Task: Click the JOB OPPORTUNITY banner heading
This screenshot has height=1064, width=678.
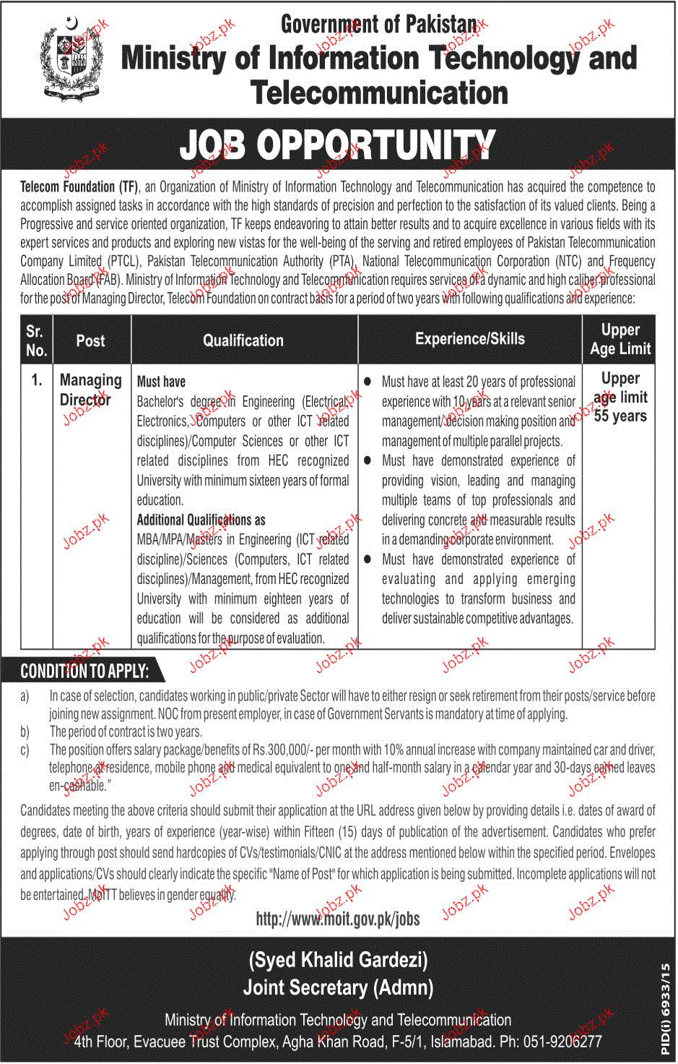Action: coord(337,145)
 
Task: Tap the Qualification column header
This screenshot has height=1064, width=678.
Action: coord(243,340)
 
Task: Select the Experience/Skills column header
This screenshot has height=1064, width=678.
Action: coord(469,338)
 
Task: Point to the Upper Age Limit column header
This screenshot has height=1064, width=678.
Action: coord(620,339)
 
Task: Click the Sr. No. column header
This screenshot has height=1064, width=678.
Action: coord(36,340)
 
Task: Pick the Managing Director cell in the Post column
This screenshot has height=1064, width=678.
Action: coord(90,390)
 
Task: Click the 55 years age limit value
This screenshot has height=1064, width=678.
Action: coord(620,416)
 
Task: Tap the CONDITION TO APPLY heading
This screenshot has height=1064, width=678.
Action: coord(84,672)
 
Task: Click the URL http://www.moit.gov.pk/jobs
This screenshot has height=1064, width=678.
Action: coord(338,919)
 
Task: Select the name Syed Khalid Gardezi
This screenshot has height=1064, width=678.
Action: coord(338,960)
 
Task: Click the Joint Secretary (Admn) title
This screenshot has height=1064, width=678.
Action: coord(338,987)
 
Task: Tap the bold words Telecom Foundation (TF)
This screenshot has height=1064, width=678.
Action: coord(79,186)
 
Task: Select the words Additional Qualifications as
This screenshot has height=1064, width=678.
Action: coord(201,520)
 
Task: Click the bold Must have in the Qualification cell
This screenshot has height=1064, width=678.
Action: coord(161,382)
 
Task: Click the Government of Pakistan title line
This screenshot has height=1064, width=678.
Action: coord(379,24)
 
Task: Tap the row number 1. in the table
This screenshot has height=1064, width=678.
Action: coord(37,379)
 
